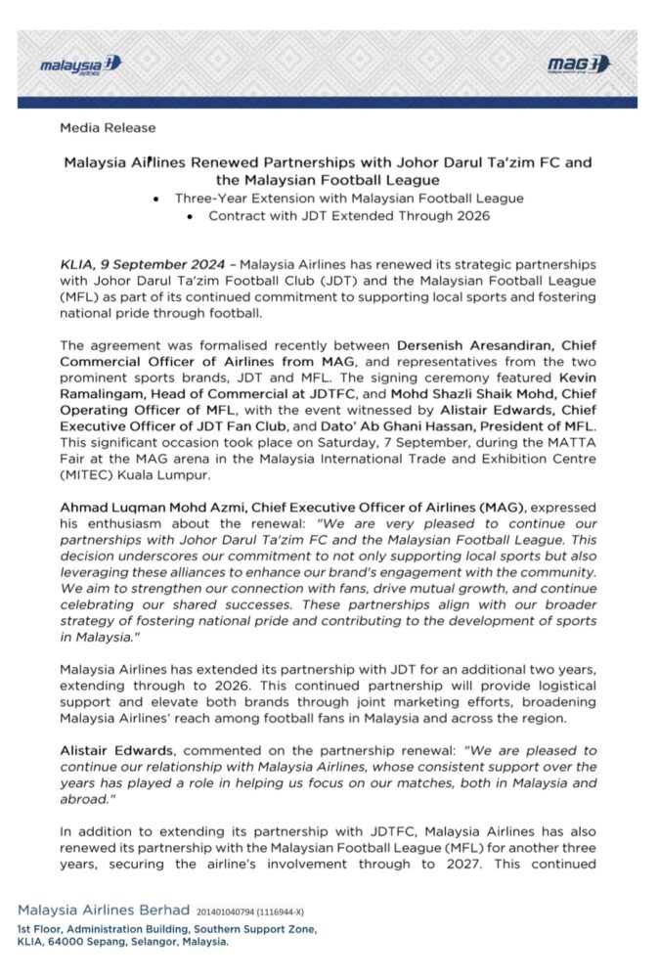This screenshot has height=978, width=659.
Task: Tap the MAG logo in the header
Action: (579, 65)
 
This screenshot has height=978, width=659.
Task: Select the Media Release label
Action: (108, 127)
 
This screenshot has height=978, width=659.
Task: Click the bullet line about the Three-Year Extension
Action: (349, 198)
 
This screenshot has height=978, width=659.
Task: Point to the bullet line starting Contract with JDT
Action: (349, 215)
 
